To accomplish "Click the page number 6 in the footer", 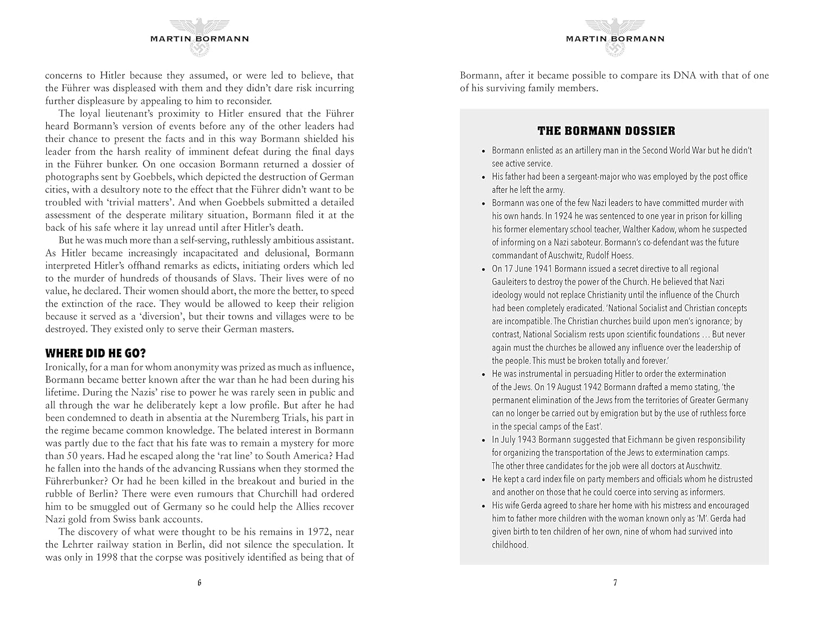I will (x=199, y=583).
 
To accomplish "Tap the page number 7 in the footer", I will (x=615, y=583).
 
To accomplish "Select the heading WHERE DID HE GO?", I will (x=96, y=353).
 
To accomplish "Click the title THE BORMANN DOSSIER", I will (x=606, y=131).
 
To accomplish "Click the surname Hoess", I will (x=622, y=255).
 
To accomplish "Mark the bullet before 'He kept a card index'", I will (x=484, y=480).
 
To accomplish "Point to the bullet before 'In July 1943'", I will (x=484, y=440).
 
